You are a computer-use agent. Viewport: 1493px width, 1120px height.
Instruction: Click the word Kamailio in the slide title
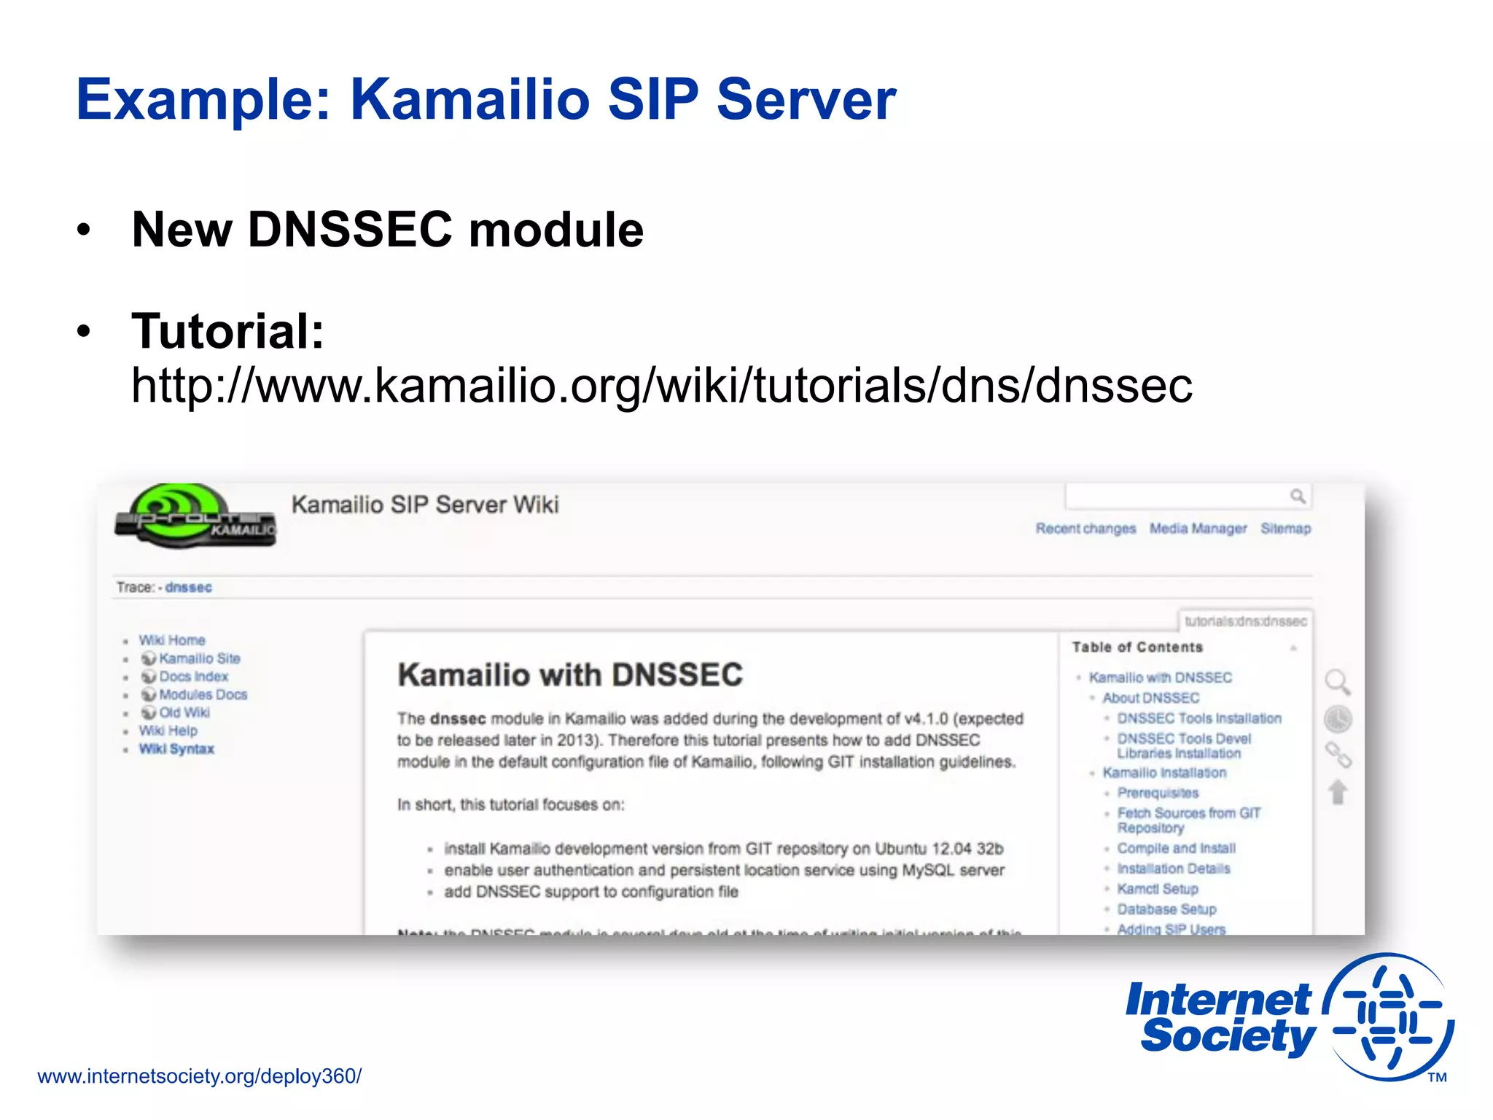pyautogui.click(x=469, y=100)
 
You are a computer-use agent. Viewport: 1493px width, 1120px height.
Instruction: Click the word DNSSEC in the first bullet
pyautogui.click(x=350, y=230)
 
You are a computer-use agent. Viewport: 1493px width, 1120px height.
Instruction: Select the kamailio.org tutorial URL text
pyautogui.click(x=661, y=385)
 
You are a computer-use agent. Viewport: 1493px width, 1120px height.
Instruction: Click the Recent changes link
pyautogui.click(x=1085, y=529)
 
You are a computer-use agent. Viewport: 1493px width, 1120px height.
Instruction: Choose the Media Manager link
pyautogui.click(x=1198, y=529)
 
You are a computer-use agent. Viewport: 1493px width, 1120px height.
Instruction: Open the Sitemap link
pyautogui.click(x=1285, y=529)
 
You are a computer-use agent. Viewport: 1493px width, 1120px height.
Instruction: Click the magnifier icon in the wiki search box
pyautogui.click(x=1297, y=497)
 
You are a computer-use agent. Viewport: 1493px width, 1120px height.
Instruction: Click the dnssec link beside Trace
pyautogui.click(x=188, y=588)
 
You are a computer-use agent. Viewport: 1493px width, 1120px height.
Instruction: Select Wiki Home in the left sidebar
pyautogui.click(x=172, y=640)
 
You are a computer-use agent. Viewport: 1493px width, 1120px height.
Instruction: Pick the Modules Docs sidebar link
pyautogui.click(x=203, y=695)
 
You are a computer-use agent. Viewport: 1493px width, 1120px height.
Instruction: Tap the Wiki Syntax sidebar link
pyautogui.click(x=176, y=749)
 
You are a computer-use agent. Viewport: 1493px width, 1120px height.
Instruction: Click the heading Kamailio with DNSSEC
pyautogui.click(x=570, y=674)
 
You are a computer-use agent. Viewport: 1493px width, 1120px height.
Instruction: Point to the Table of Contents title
pyautogui.click(x=1137, y=647)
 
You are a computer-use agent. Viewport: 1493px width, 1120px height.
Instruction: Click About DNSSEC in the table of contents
pyautogui.click(x=1150, y=698)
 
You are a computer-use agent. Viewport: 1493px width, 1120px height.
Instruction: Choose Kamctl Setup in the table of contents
pyautogui.click(x=1157, y=889)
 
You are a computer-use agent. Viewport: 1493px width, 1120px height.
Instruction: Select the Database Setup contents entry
pyautogui.click(x=1166, y=909)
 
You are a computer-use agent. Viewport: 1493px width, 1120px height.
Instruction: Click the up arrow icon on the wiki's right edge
pyautogui.click(x=1338, y=793)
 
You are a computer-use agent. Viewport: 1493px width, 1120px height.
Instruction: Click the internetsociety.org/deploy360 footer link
pyautogui.click(x=199, y=1076)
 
